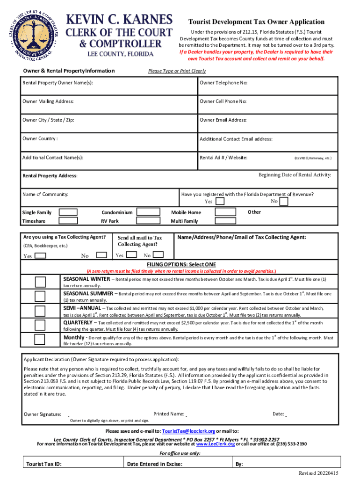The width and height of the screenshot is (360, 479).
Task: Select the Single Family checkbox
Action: pyautogui.click(x=68, y=212)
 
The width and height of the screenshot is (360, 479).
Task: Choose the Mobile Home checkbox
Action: pyautogui.click(x=225, y=212)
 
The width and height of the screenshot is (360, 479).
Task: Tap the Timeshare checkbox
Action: pyautogui.click(x=68, y=221)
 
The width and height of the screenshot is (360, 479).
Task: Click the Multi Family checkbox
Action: pyautogui.click(x=225, y=221)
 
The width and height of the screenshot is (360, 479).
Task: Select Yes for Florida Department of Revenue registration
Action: pyautogui.click(x=220, y=202)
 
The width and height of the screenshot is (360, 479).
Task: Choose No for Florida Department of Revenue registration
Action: pyautogui.click(x=283, y=202)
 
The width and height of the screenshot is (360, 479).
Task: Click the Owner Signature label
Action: pyautogui.click(x=43, y=414)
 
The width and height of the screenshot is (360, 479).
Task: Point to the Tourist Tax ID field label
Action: pyautogui.click(x=44, y=464)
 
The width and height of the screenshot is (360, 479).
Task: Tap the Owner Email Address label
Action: pyautogui.click(x=223, y=120)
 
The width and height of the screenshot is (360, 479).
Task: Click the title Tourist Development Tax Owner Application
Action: pyautogui.click(x=256, y=22)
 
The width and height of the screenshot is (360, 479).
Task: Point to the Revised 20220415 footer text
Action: pyautogui.click(x=318, y=473)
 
